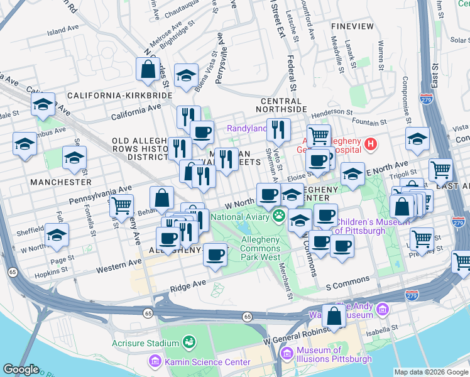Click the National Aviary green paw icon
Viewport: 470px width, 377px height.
[278, 217]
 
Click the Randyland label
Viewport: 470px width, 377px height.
[246, 129]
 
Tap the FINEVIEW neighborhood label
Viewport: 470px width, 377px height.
[352, 28]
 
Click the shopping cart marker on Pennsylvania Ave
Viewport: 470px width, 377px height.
[121, 205]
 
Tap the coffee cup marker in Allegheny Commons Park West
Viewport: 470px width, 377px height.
[216, 255]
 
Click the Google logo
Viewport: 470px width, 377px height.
[21, 369]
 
